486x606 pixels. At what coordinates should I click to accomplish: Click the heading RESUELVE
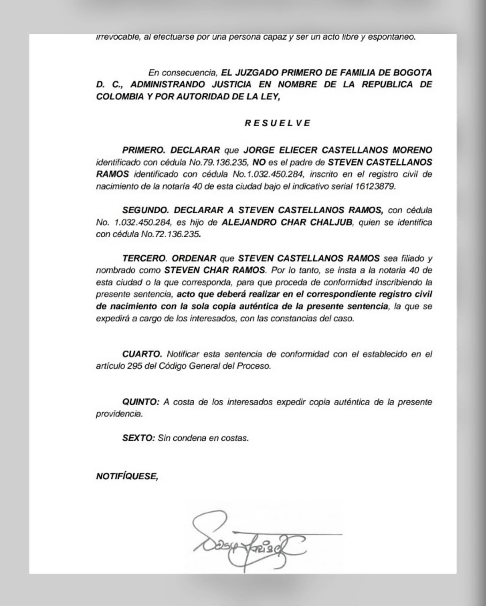(277, 123)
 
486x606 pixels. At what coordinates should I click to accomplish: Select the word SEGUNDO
(145, 210)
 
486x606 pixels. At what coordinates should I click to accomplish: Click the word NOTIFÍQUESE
(127, 476)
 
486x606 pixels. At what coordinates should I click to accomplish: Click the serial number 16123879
(375, 186)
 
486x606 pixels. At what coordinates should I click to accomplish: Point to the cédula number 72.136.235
(177, 234)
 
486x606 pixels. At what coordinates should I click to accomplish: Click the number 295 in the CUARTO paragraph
(135, 366)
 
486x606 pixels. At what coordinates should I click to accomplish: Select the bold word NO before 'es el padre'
(259, 162)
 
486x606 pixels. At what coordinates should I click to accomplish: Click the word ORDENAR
(194, 258)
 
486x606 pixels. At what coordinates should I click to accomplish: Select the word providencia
(119, 414)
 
